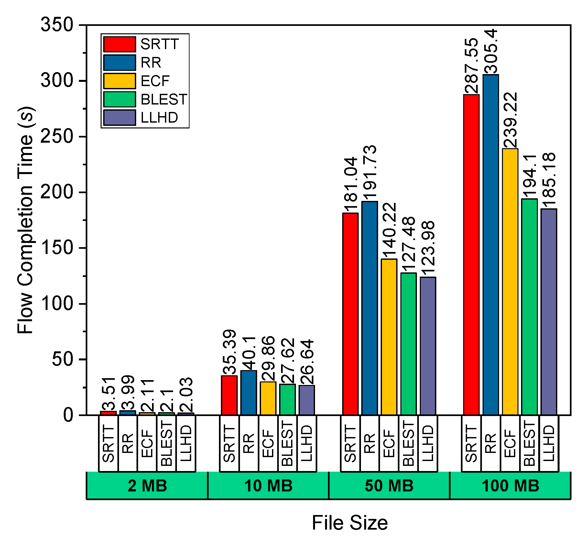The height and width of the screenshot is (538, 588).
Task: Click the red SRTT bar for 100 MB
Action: coord(471,255)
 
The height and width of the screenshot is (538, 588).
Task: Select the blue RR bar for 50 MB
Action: coord(370,308)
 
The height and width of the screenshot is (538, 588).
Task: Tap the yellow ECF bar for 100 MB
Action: coord(510,281)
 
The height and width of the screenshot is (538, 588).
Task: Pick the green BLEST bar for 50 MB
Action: coord(408,344)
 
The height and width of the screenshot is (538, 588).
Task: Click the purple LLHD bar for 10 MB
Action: coord(307,400)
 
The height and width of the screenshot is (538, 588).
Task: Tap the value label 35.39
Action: coord(229,352)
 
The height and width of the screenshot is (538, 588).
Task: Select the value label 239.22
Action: coord(510,120)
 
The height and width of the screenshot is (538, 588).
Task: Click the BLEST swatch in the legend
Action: coord(119,99)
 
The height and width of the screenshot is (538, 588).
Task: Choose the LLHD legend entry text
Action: coord(159,118)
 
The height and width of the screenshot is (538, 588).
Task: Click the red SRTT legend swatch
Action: coord(119,44)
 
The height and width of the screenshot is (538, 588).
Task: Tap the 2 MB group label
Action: coord(147,486)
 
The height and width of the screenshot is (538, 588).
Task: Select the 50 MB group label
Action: coord(389,486)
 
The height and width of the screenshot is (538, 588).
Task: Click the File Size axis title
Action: coord(350,523)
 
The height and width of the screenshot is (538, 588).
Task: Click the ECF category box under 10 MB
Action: coord(268,444)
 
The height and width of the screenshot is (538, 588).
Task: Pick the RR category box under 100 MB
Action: coord(491,444)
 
